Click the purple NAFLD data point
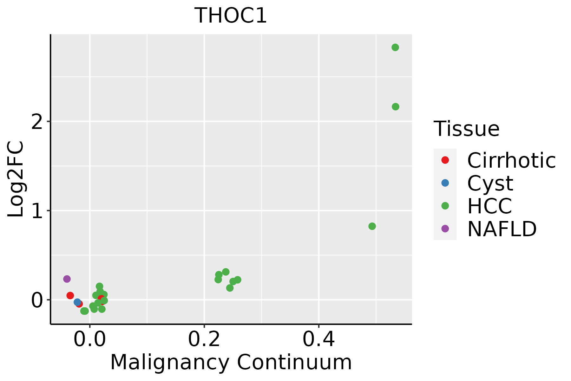click(x=67, y=279)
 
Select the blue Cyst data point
click(x=77, y=302)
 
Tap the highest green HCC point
click(x=395, y=48)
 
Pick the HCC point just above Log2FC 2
click(x=395, y=107)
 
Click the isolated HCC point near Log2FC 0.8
click(x=372, y=226)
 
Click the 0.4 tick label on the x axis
click(x=318, y=340)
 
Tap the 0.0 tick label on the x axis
click(x=90, y=340)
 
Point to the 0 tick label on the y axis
click(x=37, y=300)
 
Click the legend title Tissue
click(x=466, y=129)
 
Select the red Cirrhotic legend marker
click(x=445, y=160)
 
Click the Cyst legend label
click(x=490, y=183)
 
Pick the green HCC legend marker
click(x=445, y=206)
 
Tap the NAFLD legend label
click(x=502, y=229)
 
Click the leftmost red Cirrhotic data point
click(x=70, y=296)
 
